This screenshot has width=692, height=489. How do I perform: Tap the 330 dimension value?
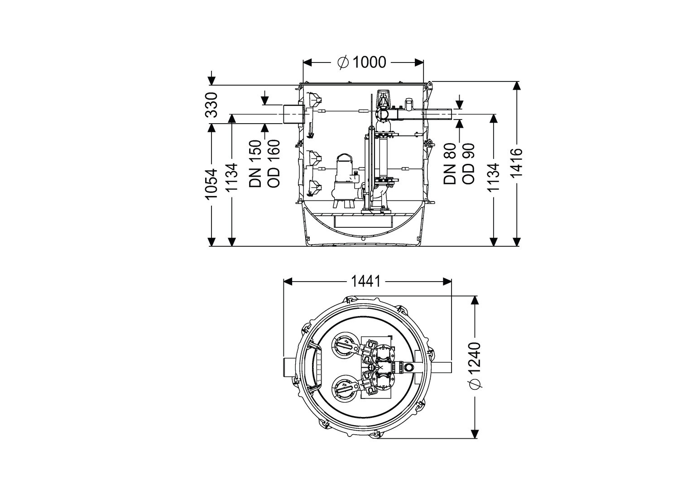click(x=212, y=105)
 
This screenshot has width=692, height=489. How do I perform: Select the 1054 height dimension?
click(x=212, y=184)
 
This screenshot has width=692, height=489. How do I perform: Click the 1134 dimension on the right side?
click(x=494, y=177)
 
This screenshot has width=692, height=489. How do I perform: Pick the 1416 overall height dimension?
click(x=516, y=163)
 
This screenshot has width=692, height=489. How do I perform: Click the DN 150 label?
click(x=256, y=164)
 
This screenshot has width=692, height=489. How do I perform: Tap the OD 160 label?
click(x=274, y=164)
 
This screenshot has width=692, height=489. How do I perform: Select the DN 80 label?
click(x=450, y=164)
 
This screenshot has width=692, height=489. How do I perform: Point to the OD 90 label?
click(x=468, y=164)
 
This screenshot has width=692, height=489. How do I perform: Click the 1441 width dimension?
click(x=366, y=282)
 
